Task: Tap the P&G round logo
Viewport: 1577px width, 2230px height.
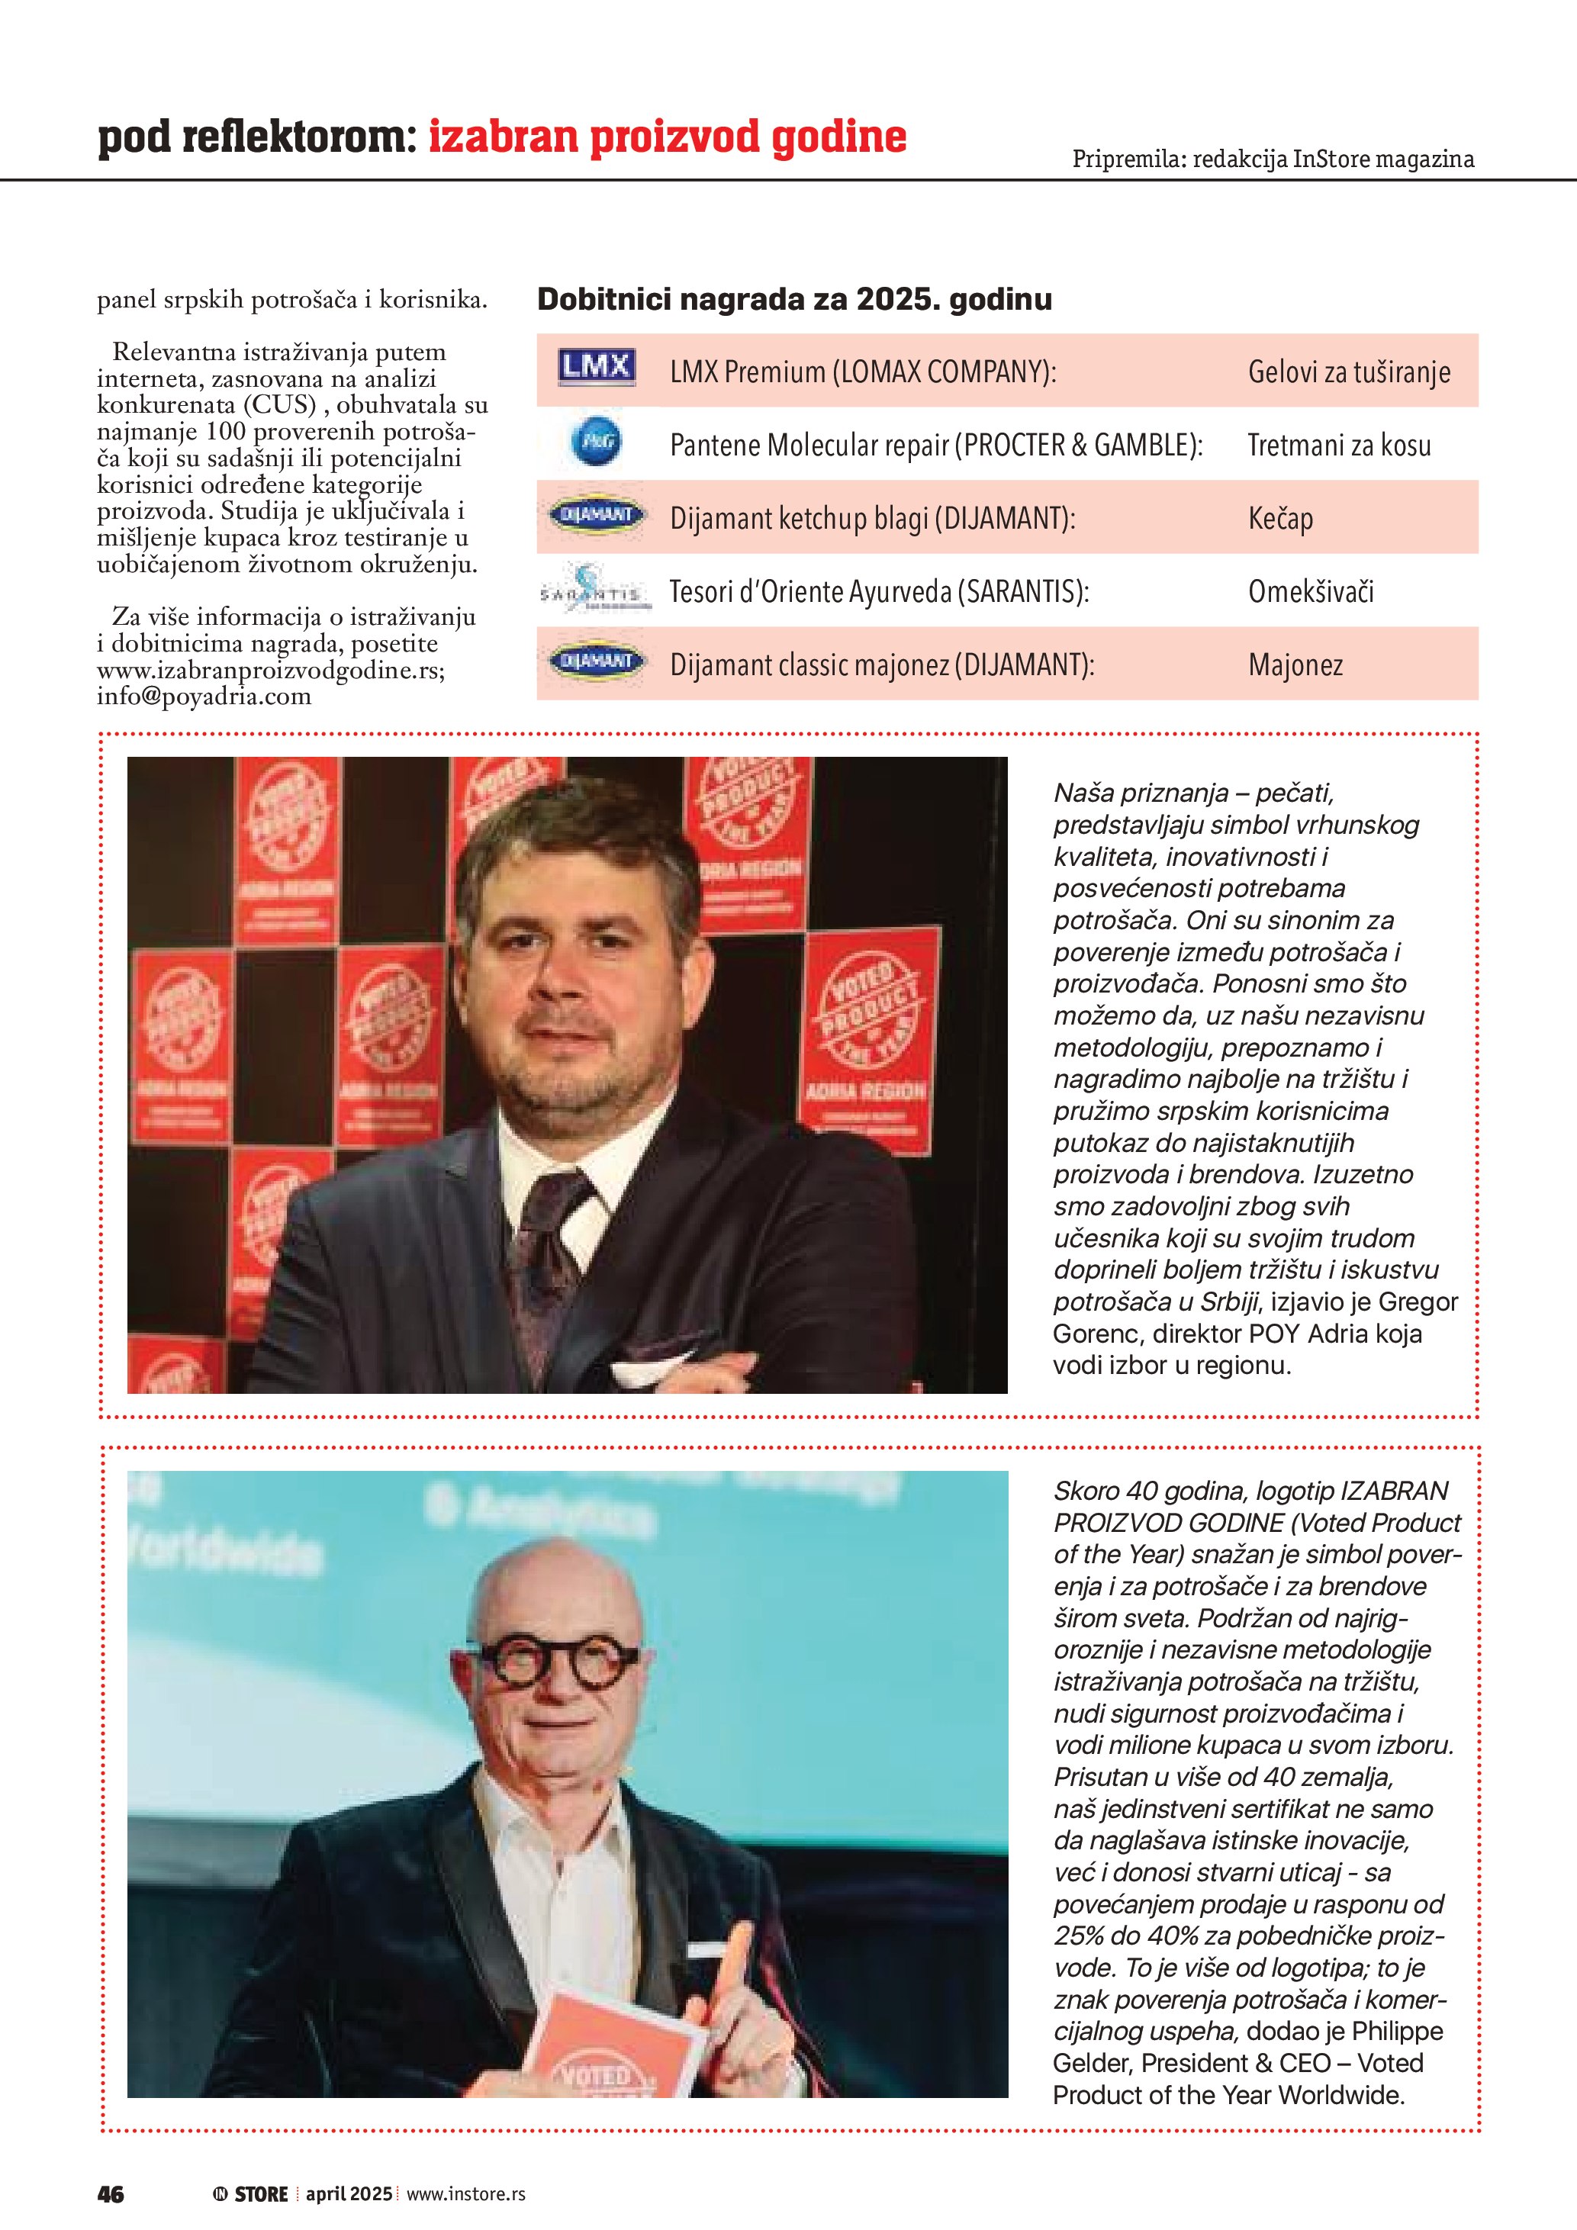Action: click(594, 443)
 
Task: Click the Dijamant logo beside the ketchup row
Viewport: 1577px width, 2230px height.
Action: click(595, 516)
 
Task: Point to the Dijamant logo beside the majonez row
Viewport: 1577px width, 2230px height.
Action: click(595, 662)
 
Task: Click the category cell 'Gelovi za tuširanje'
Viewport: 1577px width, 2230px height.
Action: click(1349, 372)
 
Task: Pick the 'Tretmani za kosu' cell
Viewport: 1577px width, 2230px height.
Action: click(1338, 446)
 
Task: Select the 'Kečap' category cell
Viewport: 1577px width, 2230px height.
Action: click(1280, 519)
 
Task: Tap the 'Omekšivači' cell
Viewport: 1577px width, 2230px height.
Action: click(1310, 591)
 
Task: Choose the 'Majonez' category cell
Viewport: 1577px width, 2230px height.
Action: click(1295, 665)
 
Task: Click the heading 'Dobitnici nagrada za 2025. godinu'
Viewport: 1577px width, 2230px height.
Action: click(793, 299)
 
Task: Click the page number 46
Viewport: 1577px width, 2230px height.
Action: click(111, 2194)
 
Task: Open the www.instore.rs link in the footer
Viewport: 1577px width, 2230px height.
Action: click(465, 2194)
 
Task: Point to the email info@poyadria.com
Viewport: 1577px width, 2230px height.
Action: click(204, 697)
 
